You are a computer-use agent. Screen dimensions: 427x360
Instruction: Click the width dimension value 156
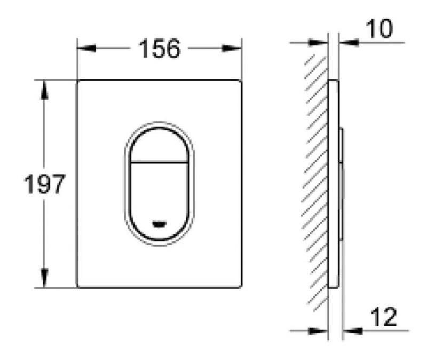160,49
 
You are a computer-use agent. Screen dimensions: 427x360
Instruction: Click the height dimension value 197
45,184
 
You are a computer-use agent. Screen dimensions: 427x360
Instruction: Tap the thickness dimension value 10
379,28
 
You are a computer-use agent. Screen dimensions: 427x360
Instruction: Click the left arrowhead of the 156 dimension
86,49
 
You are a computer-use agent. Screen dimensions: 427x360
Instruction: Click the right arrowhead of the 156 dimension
232,49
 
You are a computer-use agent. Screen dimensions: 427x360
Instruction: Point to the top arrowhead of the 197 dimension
44,90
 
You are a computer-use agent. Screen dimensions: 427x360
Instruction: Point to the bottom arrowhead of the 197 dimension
44,278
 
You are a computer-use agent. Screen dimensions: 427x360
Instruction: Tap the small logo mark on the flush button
159,224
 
